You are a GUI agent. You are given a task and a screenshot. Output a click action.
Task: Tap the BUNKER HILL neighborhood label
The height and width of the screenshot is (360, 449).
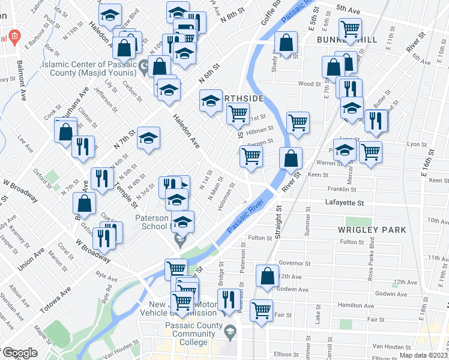pyautogui.click(x=346, y=40)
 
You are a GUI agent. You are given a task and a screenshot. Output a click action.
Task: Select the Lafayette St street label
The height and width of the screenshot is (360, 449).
pyautogui.click(x=345, y=204)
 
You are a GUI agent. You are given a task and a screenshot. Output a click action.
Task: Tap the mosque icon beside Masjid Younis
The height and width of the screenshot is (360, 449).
pyautogui.click(x=143, y=67)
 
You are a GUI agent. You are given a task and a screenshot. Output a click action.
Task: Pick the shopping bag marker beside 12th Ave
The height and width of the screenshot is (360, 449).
pyautogui.click(x=267, y=275)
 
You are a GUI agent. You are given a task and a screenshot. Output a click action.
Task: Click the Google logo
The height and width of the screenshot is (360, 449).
pyautogui.click(x=19, y=353)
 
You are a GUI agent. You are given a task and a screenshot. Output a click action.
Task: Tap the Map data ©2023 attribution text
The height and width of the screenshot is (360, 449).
pyautogui.click(x=423, y=355)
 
